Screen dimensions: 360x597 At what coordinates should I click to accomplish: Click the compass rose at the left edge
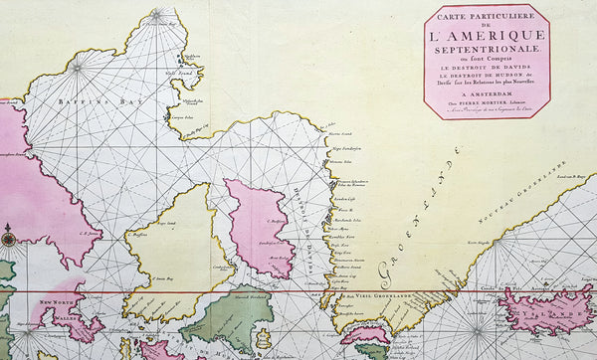point(9,238)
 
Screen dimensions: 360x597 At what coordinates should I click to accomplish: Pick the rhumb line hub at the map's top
point(156,14)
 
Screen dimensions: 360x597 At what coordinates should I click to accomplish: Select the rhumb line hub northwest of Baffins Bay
point(78,68)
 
